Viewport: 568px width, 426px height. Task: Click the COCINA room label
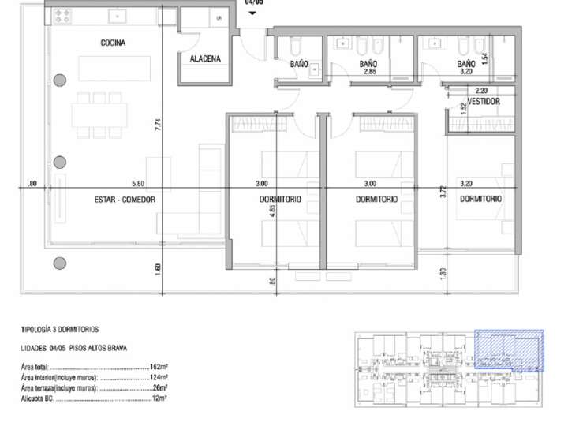pos(113,43)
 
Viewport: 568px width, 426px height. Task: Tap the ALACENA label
pos(205,58)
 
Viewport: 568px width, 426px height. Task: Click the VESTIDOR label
pos(484,102)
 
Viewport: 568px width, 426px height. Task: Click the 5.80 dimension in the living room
pos(138,183)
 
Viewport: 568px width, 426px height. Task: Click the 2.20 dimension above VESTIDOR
pos(481,91)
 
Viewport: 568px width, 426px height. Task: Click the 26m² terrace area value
pos(160,388)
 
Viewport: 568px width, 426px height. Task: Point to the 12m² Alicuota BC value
pos(160,398)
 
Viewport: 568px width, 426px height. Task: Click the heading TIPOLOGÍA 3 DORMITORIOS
pos(60,329)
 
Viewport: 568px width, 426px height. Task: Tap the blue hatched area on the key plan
pos(509,349)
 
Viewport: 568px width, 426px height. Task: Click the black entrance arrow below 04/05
pos(253,13)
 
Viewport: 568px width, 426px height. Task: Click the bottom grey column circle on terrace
pos(59,263)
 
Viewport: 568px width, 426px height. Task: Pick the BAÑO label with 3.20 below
pos(466,63)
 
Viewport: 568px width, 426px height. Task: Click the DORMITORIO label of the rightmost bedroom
pos(480,200)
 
